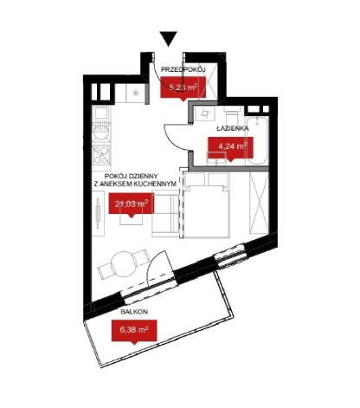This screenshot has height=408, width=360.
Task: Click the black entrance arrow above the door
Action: (169, 38)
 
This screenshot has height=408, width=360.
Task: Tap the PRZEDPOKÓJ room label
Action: (183, 69)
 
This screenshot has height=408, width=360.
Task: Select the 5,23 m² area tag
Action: (183, 87)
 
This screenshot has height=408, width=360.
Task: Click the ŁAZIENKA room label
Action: (233, 128)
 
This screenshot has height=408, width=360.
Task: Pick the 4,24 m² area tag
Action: (231, 147)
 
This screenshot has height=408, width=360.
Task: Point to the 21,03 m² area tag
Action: (132, 204)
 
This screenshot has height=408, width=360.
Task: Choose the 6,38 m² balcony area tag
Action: (134, 331)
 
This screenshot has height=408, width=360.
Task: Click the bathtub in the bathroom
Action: (258, 140)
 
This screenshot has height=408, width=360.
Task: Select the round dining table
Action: (124, 263)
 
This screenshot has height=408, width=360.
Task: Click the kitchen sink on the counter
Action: (101, 113)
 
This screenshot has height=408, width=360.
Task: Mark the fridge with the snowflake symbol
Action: (135, 93)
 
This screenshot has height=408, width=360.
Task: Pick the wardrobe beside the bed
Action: (259, 203)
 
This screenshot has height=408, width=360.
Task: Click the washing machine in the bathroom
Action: (204, 113)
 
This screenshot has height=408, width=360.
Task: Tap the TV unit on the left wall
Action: (98, 213)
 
